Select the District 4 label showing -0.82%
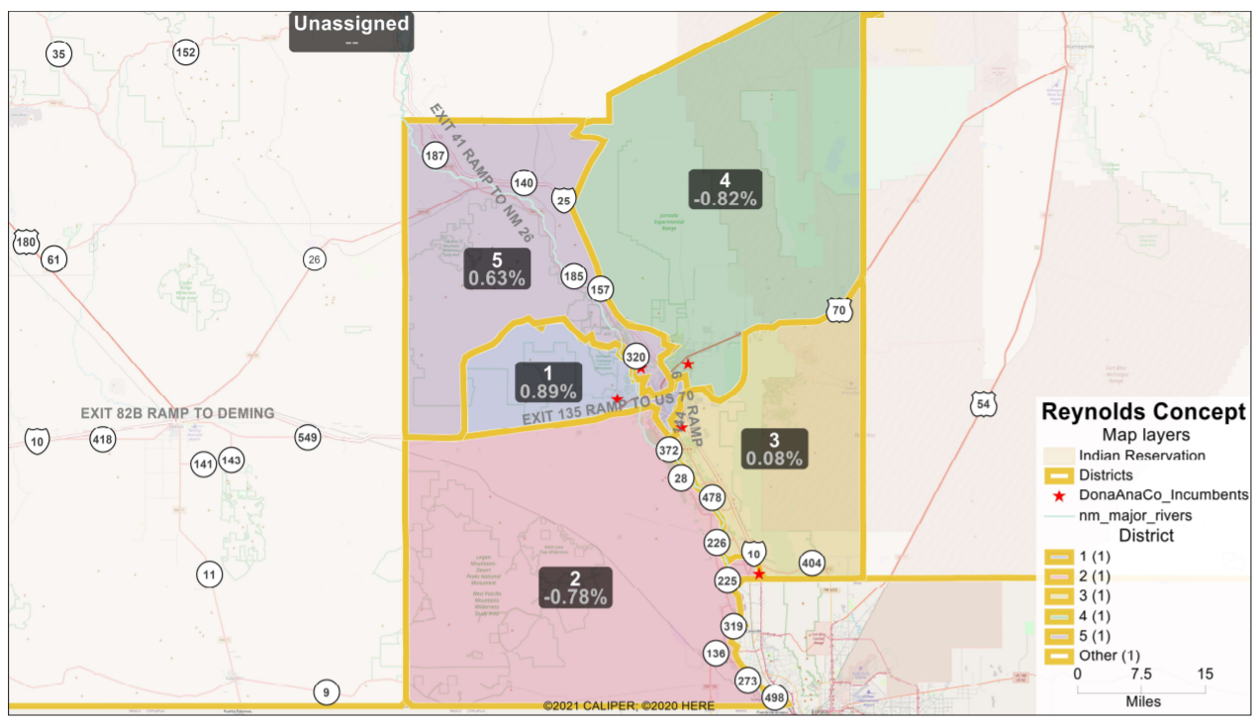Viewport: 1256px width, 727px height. point(725,189)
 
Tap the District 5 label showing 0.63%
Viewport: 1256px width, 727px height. point(496,268)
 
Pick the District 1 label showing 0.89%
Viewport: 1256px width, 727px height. point(549,381)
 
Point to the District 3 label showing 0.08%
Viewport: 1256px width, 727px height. point(774,449)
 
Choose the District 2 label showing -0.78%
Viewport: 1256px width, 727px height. point(575,586)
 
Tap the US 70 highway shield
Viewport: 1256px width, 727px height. point(839,311)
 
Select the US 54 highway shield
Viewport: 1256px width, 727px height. point(982,404)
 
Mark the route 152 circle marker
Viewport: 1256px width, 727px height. point(186,52)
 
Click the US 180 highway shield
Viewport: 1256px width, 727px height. point(26,243)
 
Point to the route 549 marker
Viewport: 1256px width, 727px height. point(308,437)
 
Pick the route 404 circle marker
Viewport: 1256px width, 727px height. point(812,564)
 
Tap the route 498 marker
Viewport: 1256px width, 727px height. point(774,697)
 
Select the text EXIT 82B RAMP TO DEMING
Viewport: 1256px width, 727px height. point(178,413)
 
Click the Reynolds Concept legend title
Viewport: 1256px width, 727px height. point(1143,412)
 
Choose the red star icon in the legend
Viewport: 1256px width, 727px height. point(1060,495)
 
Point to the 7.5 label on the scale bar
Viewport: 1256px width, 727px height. point(1141,674)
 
